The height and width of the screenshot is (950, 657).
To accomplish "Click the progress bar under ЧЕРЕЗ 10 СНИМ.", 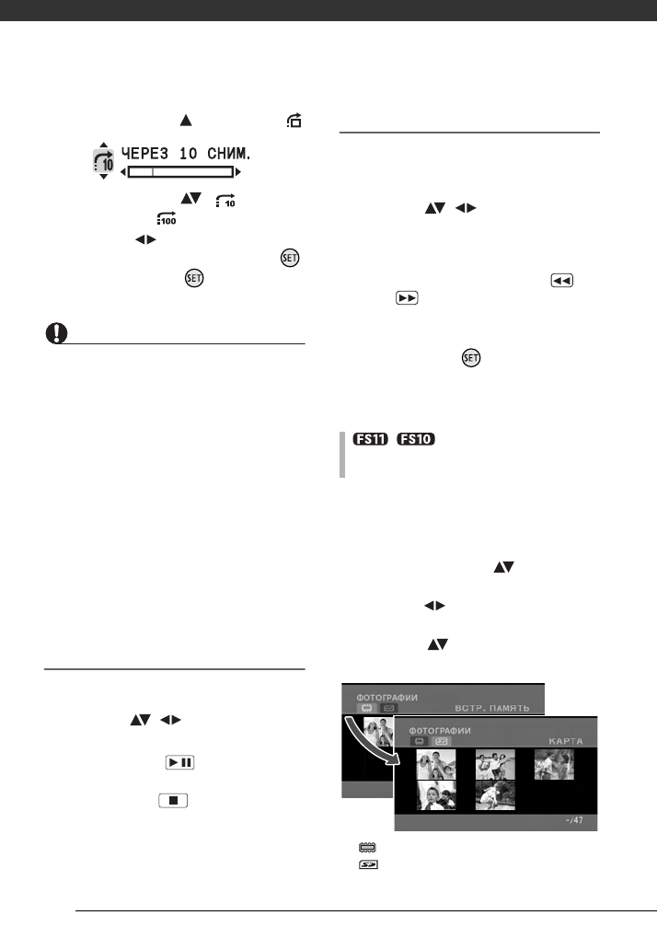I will point(180,172).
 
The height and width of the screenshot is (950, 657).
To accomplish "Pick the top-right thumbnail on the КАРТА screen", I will point(554,764).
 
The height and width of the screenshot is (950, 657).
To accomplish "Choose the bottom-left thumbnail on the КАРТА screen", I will point(435,795).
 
